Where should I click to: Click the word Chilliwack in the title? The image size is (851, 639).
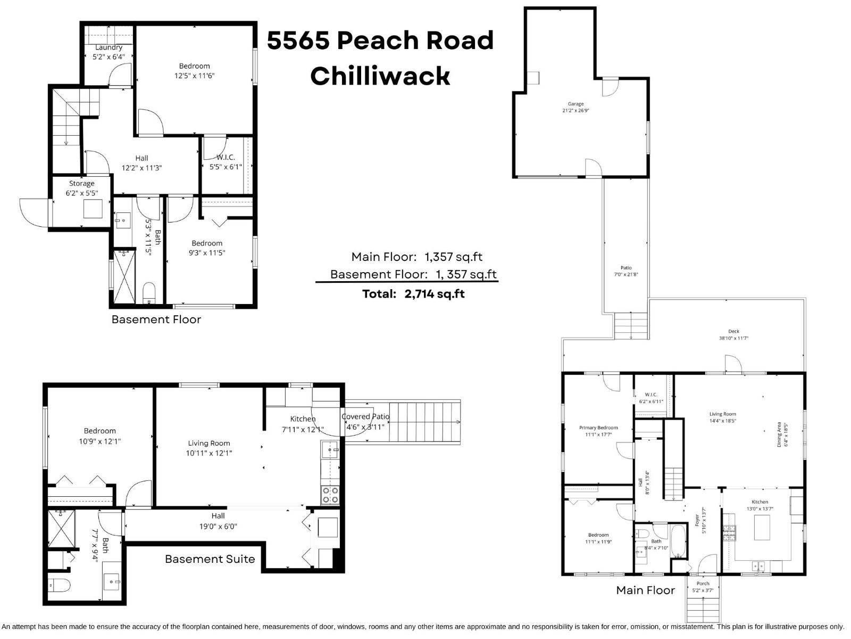pyautogui.click(x=380, y=76)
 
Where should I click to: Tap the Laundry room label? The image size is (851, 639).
pyautogui.click(x=109, y=47)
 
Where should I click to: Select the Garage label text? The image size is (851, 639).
pyautogui.click(x=575, y=104)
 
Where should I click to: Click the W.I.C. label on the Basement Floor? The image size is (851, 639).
pyautogui.click(x=226, y=157)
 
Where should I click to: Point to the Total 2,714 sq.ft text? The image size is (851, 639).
pyautogui.click(x=413, y=294)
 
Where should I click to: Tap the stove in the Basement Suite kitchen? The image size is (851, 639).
pyautogui.click(x=330, y=495)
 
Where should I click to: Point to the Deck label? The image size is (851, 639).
pyautogui.click(x=733, y=331)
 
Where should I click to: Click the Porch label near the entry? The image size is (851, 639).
pyautogui.click(x=703, y=583)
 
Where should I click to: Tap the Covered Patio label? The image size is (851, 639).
pyautogui.click(x=365, y=416)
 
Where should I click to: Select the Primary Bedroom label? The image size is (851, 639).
pyautogui.click(x=598, y=428)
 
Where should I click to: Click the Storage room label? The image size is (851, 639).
pyautogui.click(x=81, y=183)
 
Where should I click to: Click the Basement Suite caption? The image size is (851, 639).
pyautogui.click(x=210, y=559)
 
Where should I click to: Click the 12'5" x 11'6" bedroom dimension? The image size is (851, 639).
pyautogui.click(x=194, y=76)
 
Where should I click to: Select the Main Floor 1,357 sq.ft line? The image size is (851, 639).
pyautogui.click(x=416, y=257)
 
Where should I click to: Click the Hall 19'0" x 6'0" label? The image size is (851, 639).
pyautogui.click(x=218, y=521)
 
